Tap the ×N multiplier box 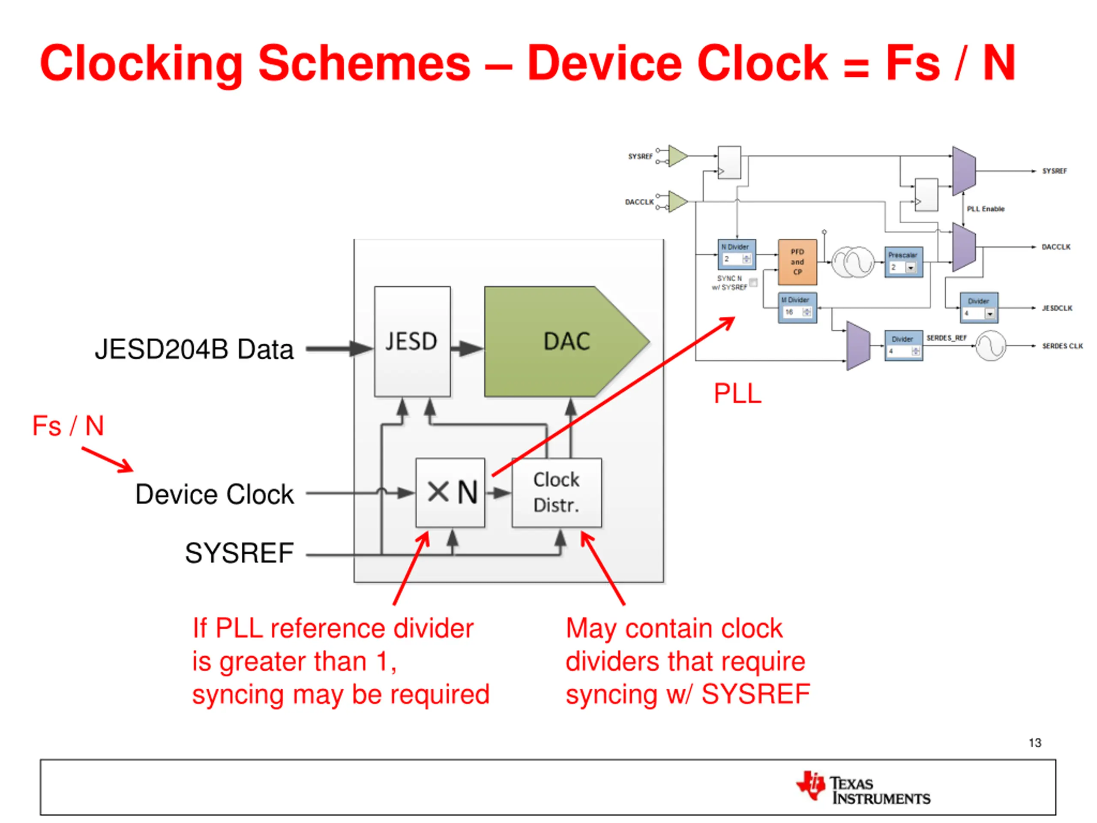[x=450, y=492]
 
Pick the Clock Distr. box [x=557, y=492]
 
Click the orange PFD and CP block [x=797, y=262]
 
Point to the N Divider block [x=737, y=254]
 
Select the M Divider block [x=797, y=308]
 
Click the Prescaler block [x=903, y=262]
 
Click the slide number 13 [x=1034, y=743]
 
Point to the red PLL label [x=737, y=394]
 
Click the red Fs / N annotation [x=68, y=426]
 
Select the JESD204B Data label [x=194, y=349]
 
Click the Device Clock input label [x=214, y=494]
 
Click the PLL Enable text [x=986, y=209]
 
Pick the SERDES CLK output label [x=1062, y=346]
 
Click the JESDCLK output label [x=1057, y=308]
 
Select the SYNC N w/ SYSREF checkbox [x=753, y=283]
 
